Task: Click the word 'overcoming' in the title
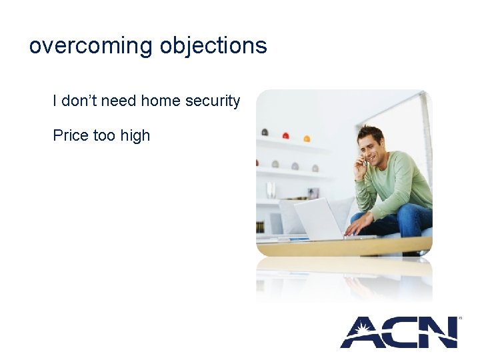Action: coord(91,46)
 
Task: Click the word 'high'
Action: coord(135,135)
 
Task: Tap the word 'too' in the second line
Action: coord(104,135)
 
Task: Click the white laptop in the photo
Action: coord(319,218)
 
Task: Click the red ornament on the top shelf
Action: coord(285,136)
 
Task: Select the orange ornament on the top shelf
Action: coord(307,139)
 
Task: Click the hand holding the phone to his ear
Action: coord(361,164)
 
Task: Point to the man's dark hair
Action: coord(369,131)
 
